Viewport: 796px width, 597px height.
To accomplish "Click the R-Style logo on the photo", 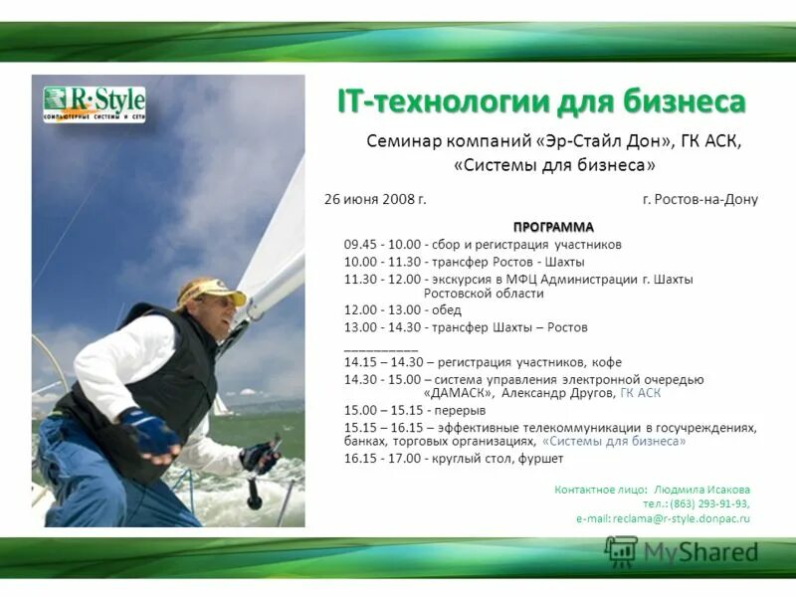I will point(95,103).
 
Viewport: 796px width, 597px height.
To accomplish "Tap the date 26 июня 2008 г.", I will point(375,199).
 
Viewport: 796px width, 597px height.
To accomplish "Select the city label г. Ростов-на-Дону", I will point(699,199).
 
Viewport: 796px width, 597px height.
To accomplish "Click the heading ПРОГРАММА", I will point(553,227).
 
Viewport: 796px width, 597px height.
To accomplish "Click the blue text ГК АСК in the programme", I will point(641,393).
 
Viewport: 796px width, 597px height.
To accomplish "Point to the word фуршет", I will point(540,459).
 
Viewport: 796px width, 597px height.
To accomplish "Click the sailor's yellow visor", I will point(213,296).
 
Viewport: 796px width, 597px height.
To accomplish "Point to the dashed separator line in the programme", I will point(380,347).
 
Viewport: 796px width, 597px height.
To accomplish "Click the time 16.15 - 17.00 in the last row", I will point(383,459).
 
